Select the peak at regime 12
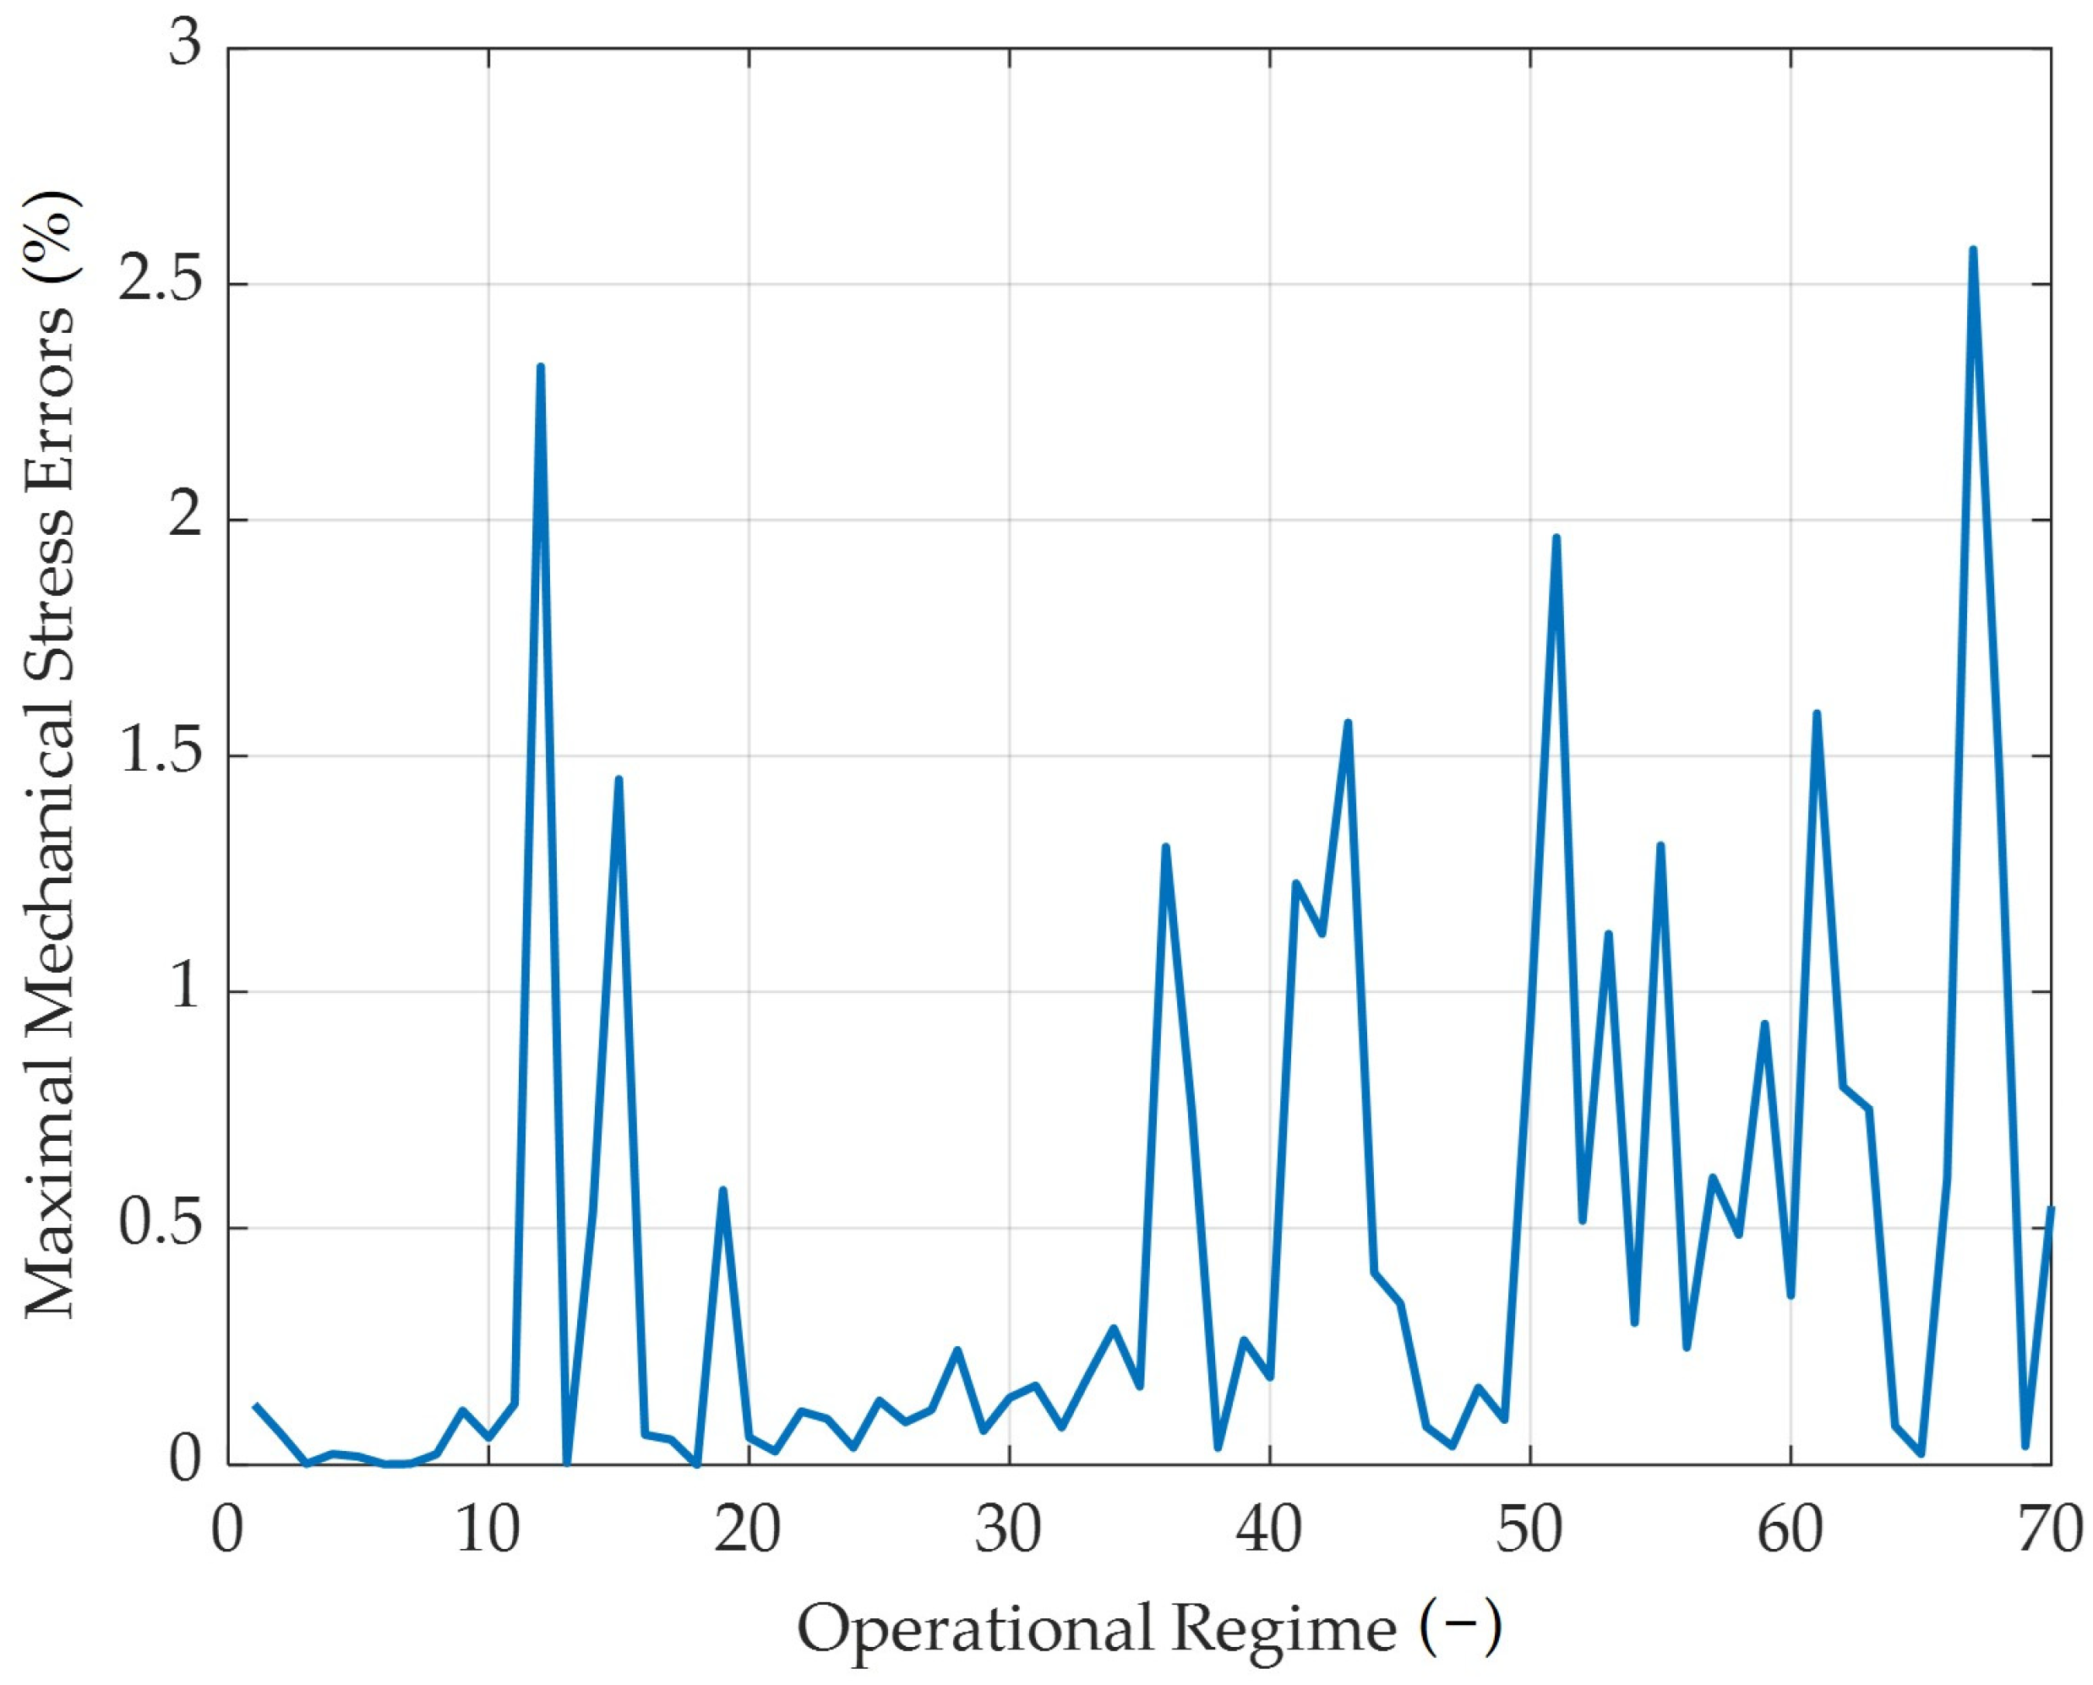pyautogui.click(x=541, y=367)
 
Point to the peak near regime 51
pyautogui.click(x=1556, y=537)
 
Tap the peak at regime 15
pyautogui.click(x=619, y=779)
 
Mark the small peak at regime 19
pyautogui.click(x=723, y=1190)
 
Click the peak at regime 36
pyautogui.click(x=1165, y=847)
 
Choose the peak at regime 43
pyautogui.click(x=1348, y=723)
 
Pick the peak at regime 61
pyautogui.click(x=1817, y=713)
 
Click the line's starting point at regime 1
pyautogui.click(x=255, y=1404)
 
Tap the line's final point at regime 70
pyautogui.click(x=2050, y=1208)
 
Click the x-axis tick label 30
pyautogui.click(x=1009, y=1530)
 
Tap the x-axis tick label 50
pyautogui.click(x=1530, y=1530)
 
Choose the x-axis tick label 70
pyautogui.click(x=2050, y=1530)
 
